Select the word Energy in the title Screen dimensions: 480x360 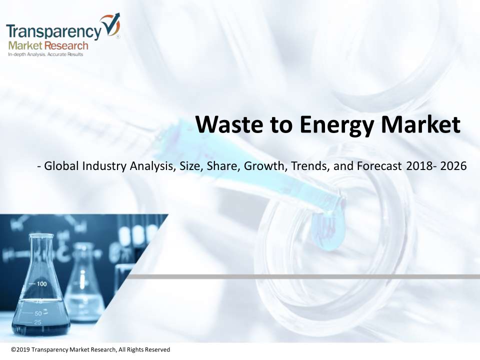click(x=336, y=125)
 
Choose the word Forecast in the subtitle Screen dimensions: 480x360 click(x=379, y=166)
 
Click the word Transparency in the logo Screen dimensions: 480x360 click(x=54, y=31)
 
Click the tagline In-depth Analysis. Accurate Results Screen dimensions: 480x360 click(x=45, y=54)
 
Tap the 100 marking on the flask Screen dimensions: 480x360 click(x=42, y=284)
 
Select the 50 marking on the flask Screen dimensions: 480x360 click(x=38, y=313)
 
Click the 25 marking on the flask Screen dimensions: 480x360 click(x=37, y=322)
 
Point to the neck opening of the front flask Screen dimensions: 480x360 click(x=41, y=235)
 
